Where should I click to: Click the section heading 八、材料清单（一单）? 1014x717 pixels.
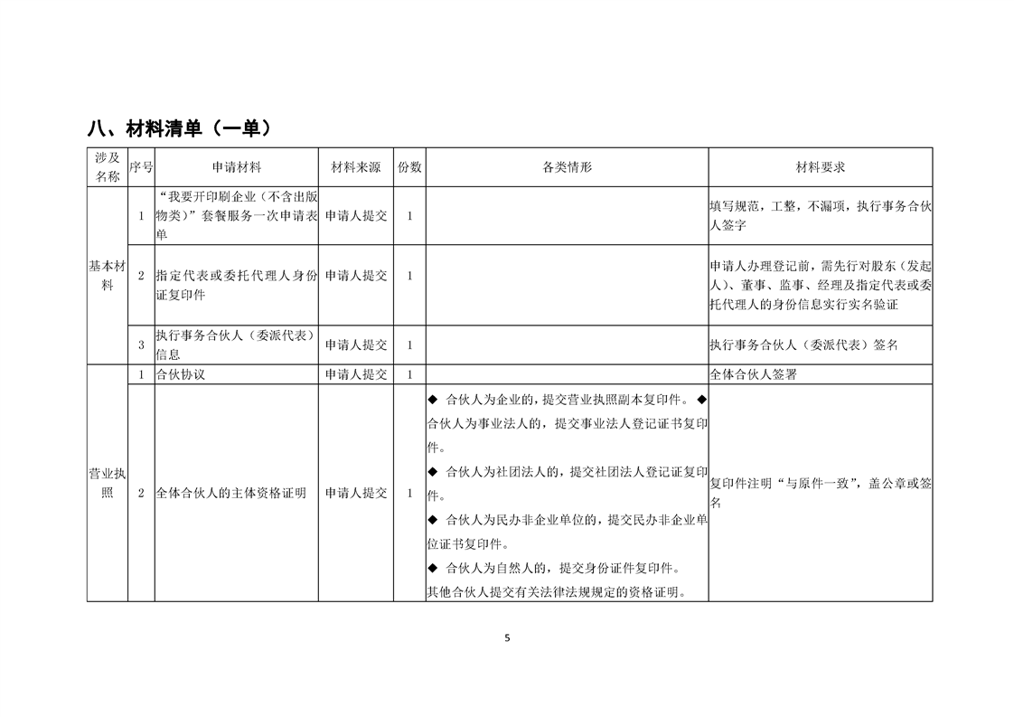click(180, 128)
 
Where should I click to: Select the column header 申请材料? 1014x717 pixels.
click(237, 167)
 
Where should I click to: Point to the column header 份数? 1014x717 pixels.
click(409, 167)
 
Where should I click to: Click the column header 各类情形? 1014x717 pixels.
click(567, 167)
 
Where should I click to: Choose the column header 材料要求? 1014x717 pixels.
click(820, 167)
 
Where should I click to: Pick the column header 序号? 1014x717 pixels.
click(141, 167)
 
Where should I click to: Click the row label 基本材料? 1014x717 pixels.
click(108, 275)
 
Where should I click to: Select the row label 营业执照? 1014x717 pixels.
click(108, 483)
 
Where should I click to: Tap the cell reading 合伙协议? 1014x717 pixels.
click(181, 374)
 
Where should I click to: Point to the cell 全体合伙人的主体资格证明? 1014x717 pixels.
click(230, 493)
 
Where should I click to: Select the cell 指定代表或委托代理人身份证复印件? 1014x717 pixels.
click(237, 285)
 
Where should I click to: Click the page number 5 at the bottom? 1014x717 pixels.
click(507, 638)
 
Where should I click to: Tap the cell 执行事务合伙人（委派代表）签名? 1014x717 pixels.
click(803, 344)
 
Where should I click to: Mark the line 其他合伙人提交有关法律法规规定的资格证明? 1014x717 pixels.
click(555, 593)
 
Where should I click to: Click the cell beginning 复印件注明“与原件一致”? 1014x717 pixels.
click(820, 493)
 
